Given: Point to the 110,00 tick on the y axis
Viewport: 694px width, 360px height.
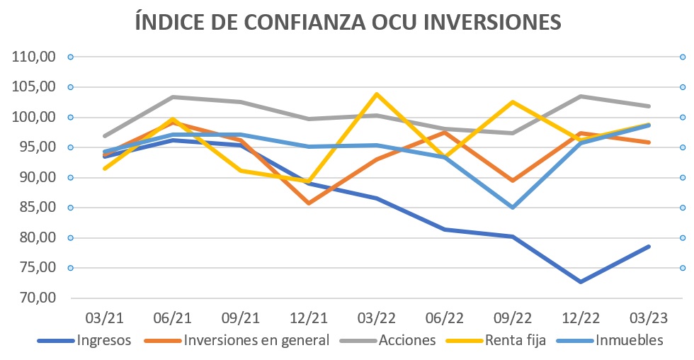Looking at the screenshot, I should (35, 57).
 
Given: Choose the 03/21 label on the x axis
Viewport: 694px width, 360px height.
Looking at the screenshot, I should (105, 315).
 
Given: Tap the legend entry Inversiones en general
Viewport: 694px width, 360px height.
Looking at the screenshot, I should (256, 340).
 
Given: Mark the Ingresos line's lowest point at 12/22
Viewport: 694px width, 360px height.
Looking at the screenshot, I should (581, 281).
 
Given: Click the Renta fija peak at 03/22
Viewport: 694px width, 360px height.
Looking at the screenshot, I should (377, 94).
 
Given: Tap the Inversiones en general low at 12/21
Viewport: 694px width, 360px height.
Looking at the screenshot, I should (309, 203).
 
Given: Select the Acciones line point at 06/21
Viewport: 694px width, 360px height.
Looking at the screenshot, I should (173, 97).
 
